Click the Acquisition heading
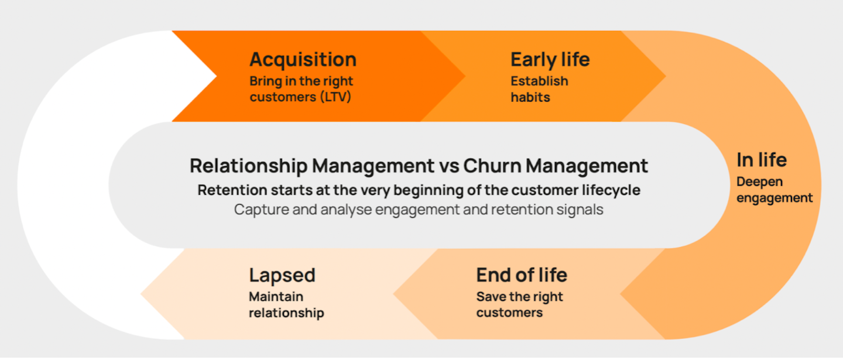click(x=303, y=60)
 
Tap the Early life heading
click(x=550, y=60)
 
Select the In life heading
click(x=761, y=160)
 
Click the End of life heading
click(x=521, y=275)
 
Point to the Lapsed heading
click(x=282, y=275)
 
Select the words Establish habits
click(x=539, y=89)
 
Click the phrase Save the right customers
click(x=519, y=304)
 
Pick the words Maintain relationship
click(x=286, y=304)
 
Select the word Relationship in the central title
click(x=248, y=166)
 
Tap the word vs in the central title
click(x=449, y=166)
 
